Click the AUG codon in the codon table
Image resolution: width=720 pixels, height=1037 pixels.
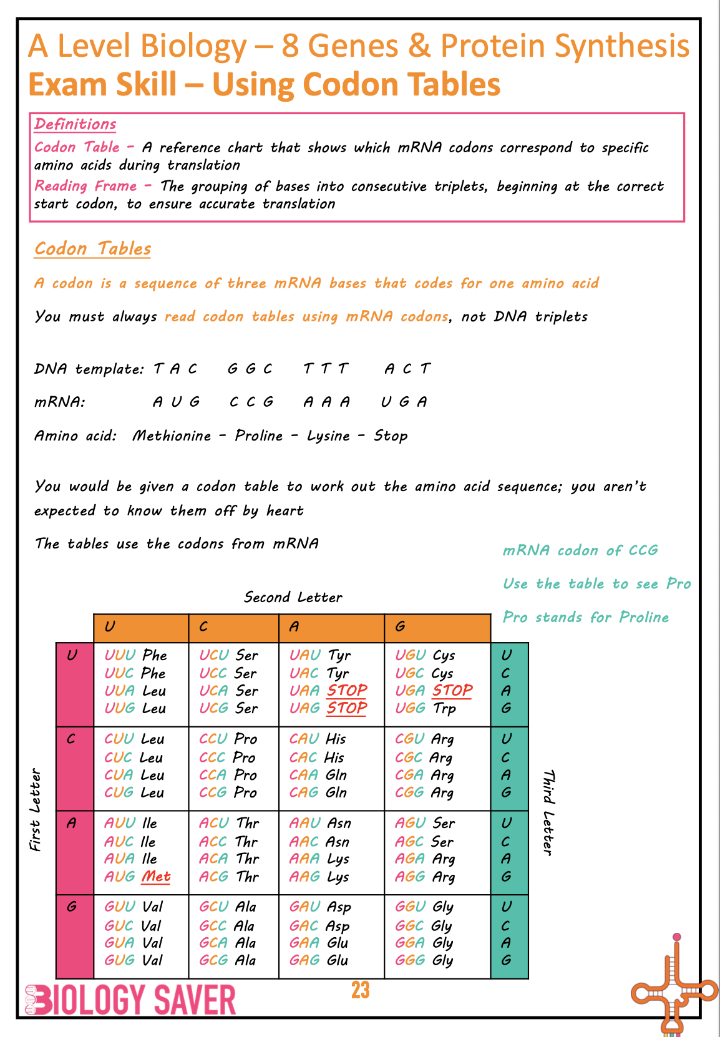[x=119, y=877]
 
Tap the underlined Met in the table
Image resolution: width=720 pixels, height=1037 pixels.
[x=156, y=877]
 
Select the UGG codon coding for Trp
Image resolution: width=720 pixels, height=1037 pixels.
[x=411, y=708]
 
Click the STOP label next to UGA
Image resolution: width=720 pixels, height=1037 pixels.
[x=452, y=691]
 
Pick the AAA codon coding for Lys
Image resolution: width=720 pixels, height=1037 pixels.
[x=304, y=859]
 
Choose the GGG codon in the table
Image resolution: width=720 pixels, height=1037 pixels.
[x=410, y=960]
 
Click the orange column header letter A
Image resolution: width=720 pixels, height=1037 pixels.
[x=294, y=626]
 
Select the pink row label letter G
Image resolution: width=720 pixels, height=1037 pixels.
[x=72, y=906]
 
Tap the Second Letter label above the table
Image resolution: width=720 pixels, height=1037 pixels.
[x=293, y=597]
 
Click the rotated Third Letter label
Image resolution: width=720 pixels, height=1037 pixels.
[x=548, y=812]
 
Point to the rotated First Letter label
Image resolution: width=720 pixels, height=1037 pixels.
[x=35, y=809]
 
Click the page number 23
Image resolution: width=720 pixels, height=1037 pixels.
[x=360, y=990]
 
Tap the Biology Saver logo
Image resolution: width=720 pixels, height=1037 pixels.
[x=130, y=1000]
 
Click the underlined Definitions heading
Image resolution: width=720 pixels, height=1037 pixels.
[x=75, y=124]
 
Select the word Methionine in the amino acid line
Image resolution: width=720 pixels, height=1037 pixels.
[x=172, y=436]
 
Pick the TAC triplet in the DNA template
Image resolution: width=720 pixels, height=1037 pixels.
[x=175, y=369]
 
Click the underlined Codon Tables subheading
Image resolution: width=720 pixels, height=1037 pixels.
[x=92, y=248]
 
